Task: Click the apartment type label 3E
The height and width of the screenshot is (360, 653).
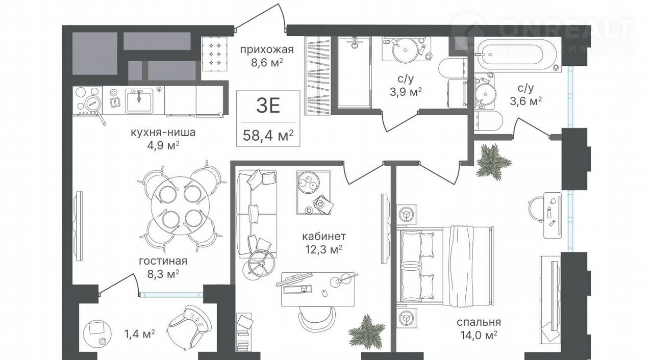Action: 268,106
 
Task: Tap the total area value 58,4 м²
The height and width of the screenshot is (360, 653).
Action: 268,136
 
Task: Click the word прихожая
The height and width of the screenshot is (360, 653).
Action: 267,50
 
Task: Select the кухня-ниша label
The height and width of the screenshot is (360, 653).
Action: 163,133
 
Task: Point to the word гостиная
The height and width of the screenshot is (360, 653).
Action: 163,261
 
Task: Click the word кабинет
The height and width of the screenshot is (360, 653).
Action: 324,236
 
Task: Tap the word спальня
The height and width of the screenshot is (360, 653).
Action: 479,322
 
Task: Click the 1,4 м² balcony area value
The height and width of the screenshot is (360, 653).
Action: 140,335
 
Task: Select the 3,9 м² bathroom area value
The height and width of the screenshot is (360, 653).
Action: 406,92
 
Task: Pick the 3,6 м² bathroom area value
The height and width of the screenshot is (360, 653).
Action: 525,101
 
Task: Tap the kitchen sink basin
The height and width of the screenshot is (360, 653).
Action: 139,101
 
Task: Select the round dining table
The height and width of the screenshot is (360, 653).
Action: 181,205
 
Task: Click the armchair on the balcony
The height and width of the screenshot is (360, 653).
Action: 189,325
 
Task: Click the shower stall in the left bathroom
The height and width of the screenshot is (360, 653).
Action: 354,73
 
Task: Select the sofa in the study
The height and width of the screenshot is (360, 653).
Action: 257,214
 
